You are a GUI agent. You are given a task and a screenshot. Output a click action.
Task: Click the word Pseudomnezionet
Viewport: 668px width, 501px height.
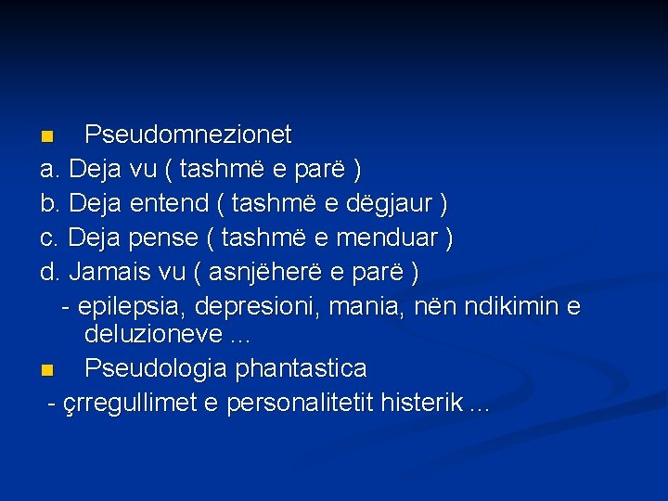point(187,135)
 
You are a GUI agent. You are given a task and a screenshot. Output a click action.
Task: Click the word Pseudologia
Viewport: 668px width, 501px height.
point(156,369)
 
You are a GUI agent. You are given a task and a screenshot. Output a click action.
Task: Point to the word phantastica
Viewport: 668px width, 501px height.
point(301,369)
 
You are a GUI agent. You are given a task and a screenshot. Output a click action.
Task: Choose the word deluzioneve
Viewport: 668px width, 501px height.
point(152,334)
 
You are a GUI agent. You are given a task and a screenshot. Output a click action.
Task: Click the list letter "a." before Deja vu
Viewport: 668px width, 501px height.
point(50,170)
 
